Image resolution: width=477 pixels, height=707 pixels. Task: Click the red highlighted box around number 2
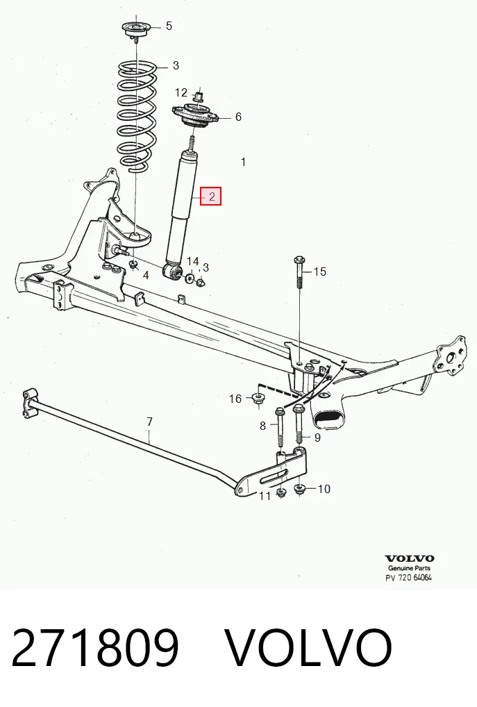[x=211, y=196]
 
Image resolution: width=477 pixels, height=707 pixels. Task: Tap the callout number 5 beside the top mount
[x=169, y=26]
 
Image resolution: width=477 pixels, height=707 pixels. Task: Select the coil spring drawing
[x=137, y=117]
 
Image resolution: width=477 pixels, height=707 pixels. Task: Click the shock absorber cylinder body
[x=181, y=208]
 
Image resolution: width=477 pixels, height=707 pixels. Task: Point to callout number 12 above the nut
[x=181, y=92]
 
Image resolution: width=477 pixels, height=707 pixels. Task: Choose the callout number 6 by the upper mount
[x=238, y=117]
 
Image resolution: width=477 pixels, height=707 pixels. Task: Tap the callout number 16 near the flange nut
[x=235, y=399]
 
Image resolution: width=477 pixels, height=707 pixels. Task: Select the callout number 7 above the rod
[x=150, y=422]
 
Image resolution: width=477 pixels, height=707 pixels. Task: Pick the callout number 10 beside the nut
[x=324, y=489]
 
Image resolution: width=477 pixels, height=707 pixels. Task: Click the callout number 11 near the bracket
[x=265, y=496]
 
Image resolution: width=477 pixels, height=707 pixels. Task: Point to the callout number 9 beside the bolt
[x=317, y=438]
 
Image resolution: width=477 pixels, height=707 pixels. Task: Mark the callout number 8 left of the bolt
[x=263, y=426]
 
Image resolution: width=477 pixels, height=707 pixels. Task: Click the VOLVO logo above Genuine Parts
[x=410, y=558]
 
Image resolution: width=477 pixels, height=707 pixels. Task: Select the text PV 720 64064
[x=408, y=578]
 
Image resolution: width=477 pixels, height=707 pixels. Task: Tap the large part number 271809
[x=95, y=647]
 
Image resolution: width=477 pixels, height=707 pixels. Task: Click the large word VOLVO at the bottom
[x=308, y=647]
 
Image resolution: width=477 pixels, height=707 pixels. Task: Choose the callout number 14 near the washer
[x=192, y=262]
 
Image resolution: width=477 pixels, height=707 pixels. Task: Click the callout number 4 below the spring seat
[x=146, y=275]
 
